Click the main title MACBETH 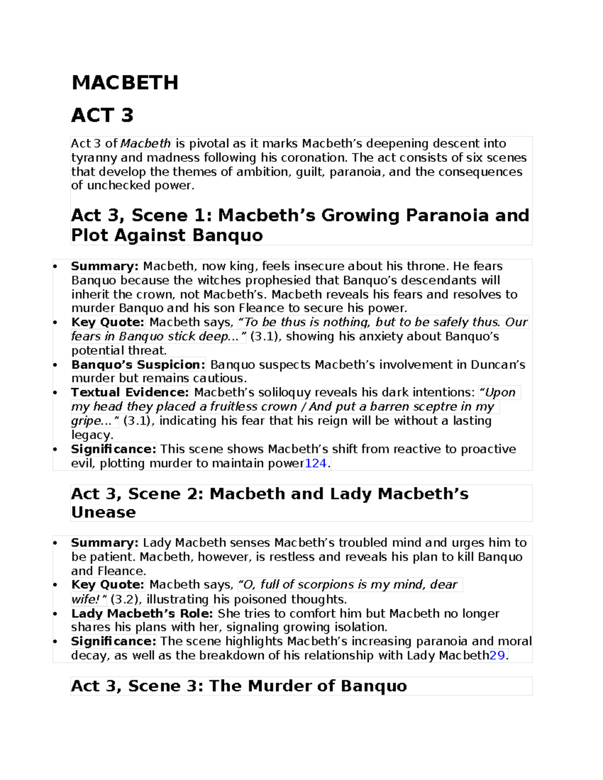[125, 82]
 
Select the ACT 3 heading [102, 115]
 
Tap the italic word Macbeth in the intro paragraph [146, 144]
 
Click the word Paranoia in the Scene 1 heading [447, 215]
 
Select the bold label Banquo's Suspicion [138, 365]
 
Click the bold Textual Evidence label [130, 392]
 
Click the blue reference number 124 [316, 463]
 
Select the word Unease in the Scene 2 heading [104, 512]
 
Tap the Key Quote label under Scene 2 [108, 585]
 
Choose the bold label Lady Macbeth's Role [142, 613]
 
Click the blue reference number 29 [497, 655]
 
